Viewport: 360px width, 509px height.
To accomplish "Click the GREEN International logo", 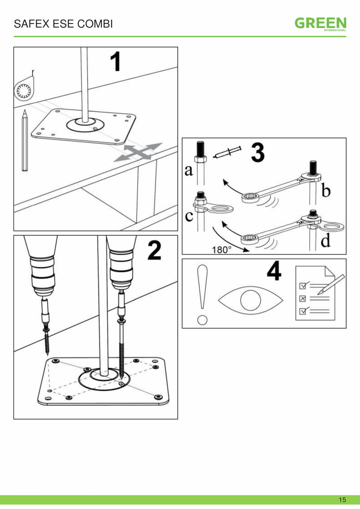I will pyautogui.click(x=320, y=24).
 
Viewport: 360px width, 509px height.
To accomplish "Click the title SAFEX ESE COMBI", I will pyautogui.click(x=63, y=24).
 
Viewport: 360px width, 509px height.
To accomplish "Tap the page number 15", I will pyautogui.click(x=342, y=500).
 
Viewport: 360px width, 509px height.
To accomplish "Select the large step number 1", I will pyautogui.click(x=115, y=63).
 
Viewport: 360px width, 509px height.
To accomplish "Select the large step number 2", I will pyautogui.click(x=155, y=251).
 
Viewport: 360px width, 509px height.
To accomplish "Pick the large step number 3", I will pyautogui.click(x=257, y=153).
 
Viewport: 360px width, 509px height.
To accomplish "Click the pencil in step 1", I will pyautogui.click(x=25, y=141).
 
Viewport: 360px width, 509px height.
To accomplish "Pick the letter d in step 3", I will pyautogui.click(x=325, y=241).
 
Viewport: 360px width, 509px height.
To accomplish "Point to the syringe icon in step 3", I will pyautogui.click(x=227, y=152).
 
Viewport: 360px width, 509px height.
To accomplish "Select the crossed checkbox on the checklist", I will pyautogui.click(x=302, y=298).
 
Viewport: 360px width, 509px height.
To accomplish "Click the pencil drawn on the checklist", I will pyautogui.click(x=331, y=284).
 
